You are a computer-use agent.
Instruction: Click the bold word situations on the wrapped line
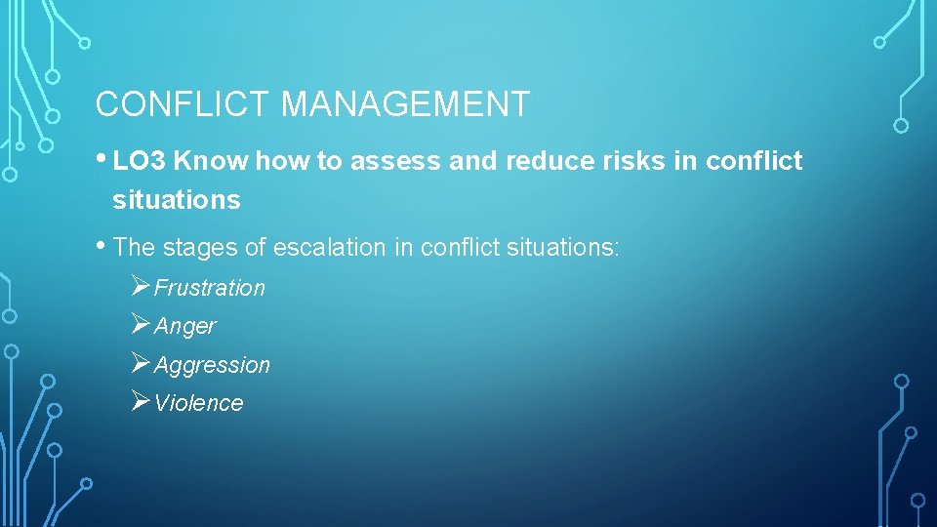click(176, 200)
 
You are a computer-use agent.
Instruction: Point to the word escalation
click(330, 248)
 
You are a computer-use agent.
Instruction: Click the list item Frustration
click(209, 288)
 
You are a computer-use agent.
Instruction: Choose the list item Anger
click(184, 326)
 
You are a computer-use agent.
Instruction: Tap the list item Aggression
click(212, 365)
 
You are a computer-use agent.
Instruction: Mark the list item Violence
click(198, 403)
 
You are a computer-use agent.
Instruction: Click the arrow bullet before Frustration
click(140, 287)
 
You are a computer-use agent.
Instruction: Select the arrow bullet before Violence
click(140, 402)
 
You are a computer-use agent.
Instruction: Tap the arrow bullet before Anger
click(140, 325)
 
